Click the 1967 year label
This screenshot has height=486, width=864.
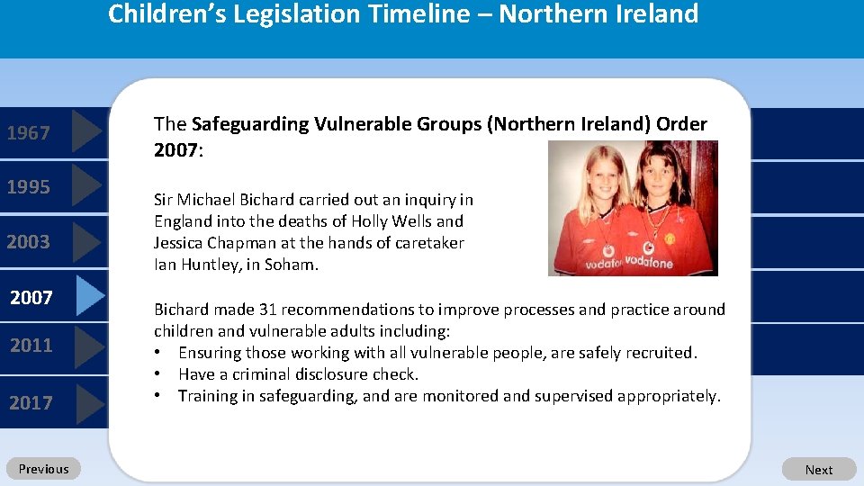(x=29, y=133)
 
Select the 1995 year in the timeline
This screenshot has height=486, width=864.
(x=29, y=187)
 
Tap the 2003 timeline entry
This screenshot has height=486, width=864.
(x=29, y=241)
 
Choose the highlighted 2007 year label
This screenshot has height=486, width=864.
(x=31, y=297)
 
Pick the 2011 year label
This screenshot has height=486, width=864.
(x=31, y=345)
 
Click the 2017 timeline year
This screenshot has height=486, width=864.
(x=31, y=402)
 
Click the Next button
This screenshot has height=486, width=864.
(x=819, y=469)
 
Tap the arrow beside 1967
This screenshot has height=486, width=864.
(x=85, y=132)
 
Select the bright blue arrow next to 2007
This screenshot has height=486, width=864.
(x=89, y=296)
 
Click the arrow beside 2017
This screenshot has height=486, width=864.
(x=89, y=402)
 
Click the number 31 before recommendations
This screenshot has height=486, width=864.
(x=267, y=310)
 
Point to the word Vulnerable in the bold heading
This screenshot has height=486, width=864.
(x=355, y=124)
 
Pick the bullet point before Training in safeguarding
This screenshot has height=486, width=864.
(x=157, y=396)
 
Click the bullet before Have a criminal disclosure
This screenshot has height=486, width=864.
(x=157, y=374)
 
